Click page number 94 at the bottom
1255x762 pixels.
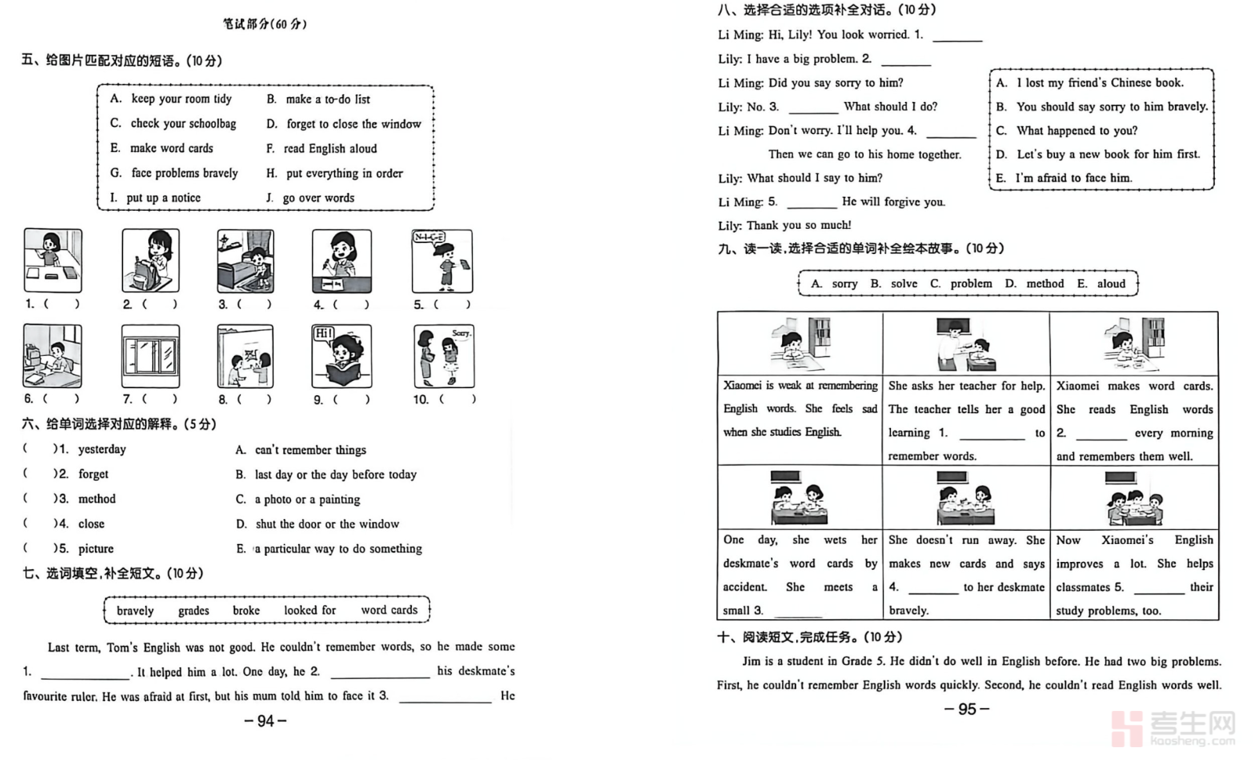coord(266,721)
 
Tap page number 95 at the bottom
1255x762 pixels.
coord(967,709)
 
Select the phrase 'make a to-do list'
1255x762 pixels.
coord(328,100)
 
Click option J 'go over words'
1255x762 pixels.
coord(318,198)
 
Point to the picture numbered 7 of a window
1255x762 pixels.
coord(151,357)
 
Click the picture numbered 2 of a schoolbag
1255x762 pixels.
coord(151,261)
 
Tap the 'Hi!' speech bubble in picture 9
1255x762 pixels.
coord(324,333)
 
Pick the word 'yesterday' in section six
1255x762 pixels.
coord(102,449)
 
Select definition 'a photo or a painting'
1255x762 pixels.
coord(307,499)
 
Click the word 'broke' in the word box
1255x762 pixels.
coord(246,611)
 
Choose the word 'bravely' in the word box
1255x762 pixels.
coord(135,611)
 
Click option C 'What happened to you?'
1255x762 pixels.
coord(1076,131)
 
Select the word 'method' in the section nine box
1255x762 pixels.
coord(1045,284)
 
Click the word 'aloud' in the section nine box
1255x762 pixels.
coord(1111,284)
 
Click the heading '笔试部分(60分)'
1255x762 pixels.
coord(264,24)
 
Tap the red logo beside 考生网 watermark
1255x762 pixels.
coord(1127,728)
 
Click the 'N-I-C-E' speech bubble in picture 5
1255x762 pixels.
coord(429,238)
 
